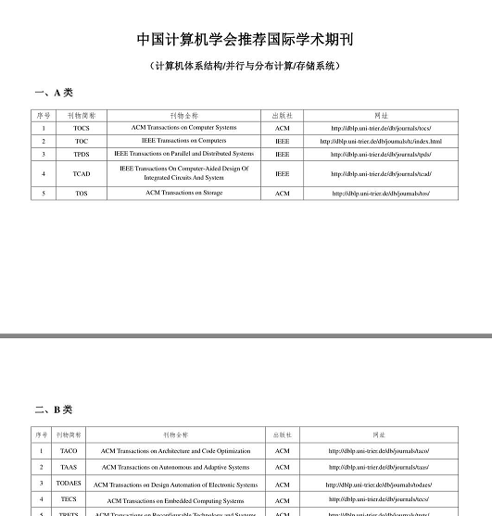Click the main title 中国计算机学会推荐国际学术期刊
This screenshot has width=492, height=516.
click(246, 40)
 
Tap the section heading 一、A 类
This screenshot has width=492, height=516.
click(53, 94)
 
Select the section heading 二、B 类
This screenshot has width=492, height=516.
click(53, 409)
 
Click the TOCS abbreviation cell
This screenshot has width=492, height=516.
click(82, 128)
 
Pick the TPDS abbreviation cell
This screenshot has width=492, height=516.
click(82, 155)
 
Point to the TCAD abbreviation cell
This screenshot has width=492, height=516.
click(82, 174)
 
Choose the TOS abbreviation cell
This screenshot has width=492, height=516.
click(82, 194)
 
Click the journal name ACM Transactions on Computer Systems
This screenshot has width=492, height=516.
click(183, 128)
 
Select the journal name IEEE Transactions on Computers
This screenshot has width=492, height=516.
click(183, 141)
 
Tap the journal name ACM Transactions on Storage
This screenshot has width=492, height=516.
click(183, 193)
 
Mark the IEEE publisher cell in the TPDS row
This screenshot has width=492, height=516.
click(283, 155)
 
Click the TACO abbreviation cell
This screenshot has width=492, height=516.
click(69, 451)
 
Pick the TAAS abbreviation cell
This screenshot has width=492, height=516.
click(69, 467)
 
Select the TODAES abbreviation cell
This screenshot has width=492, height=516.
click(69, 484)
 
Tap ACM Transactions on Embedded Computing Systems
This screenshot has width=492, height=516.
click(175, 500)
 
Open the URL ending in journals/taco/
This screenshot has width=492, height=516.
click(378, 451)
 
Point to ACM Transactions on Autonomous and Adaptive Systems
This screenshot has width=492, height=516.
click(175, 467)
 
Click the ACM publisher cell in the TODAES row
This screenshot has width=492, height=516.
click(283, 485)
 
